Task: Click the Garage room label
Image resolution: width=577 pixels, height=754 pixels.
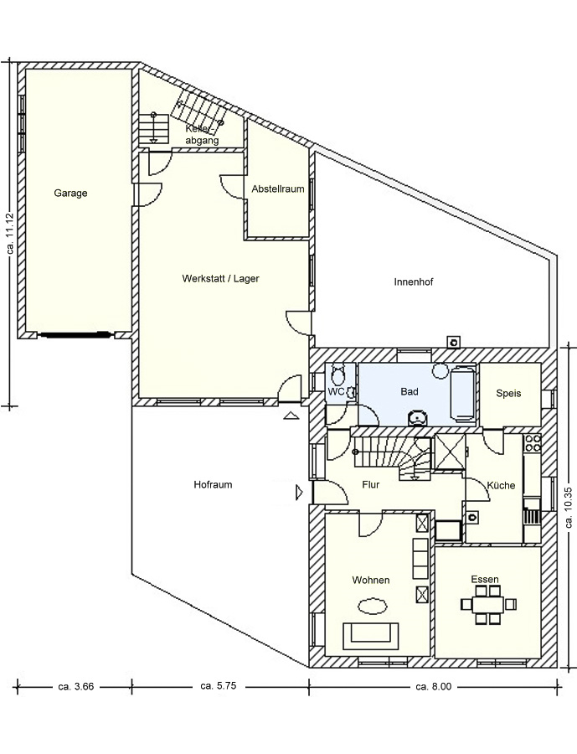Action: click(x=70, y=194)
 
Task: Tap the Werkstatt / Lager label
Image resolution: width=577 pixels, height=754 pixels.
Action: click(x=221, y=278)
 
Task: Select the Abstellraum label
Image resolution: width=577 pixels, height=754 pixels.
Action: click(x=278, y=189)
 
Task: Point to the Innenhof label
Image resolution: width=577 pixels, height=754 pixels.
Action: click(x=414, y=281)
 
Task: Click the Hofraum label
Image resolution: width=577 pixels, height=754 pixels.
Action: click(x=213, y=485)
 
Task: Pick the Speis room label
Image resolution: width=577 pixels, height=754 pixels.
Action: click(x=508, y=394)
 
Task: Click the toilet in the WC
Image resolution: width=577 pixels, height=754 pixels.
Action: click(x=339, y=373)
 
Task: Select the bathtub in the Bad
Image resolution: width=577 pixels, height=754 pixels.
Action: click(x=462, y=394)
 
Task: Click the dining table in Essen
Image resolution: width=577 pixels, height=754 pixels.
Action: click(x=488, y=604)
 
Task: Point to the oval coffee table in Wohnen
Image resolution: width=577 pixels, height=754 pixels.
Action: click(x=373, y=606)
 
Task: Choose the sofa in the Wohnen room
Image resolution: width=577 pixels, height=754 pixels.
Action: click(x=370, y=636)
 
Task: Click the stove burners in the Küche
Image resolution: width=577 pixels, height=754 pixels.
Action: click(x=533, y=443)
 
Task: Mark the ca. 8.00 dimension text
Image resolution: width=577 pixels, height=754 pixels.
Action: click(x=433, y=687)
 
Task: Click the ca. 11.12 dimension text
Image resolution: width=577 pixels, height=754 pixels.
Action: click(x=11, y=234)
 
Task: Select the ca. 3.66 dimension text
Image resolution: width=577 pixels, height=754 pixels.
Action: click(x=75, y=687)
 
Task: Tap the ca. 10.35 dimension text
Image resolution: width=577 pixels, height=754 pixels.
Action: click(x=569, y=509)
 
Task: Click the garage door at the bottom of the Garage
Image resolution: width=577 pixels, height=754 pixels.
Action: click(x=74, y=334)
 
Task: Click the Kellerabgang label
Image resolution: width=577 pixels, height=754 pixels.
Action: click(x=203, y=135)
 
